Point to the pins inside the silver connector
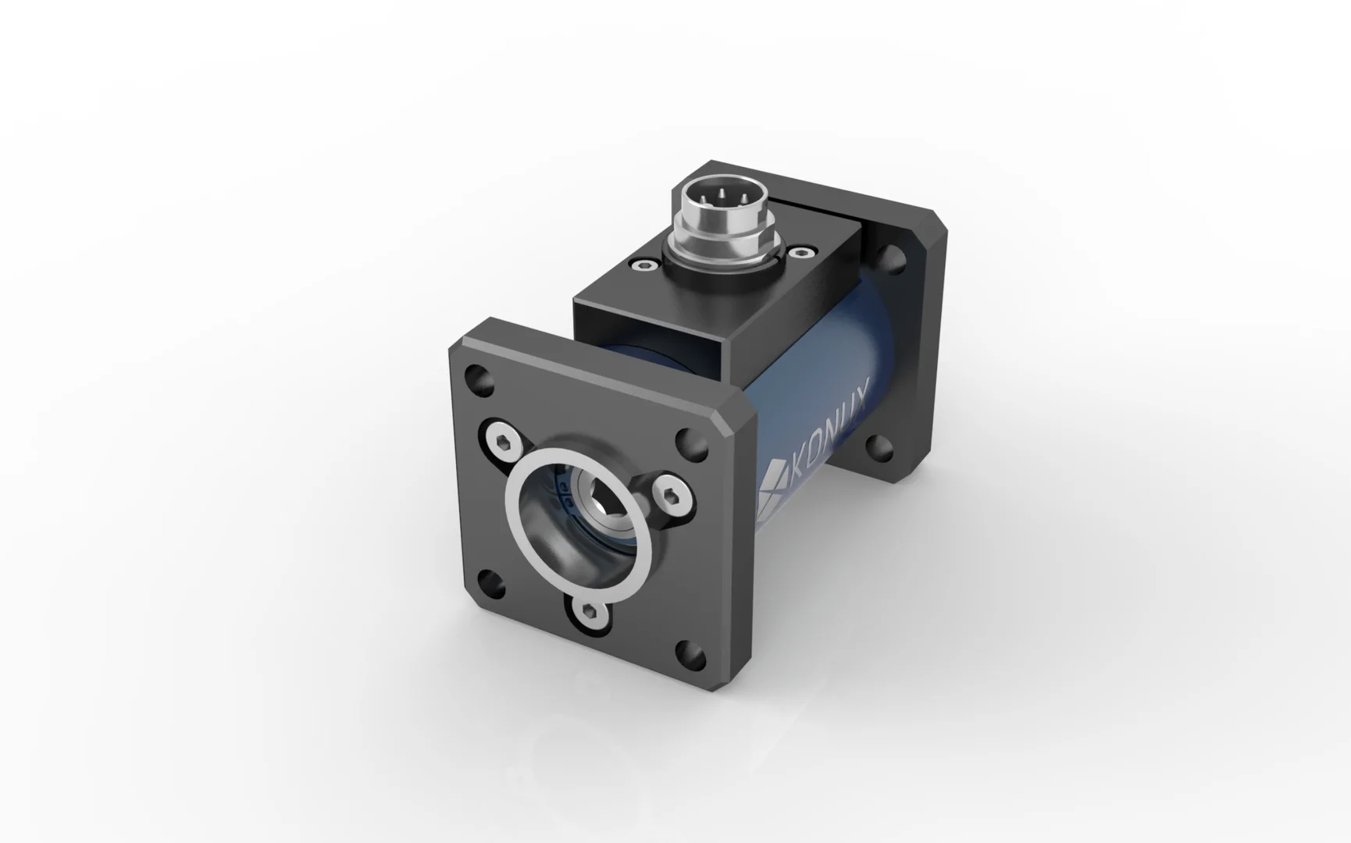pyautogui.click(x=719, y=195)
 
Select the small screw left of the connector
pyautogui.click(x=643, y=267)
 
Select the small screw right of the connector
pyautogui.click(x=800, y=252)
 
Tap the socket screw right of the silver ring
pyautogui.click(x=672, y=497)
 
